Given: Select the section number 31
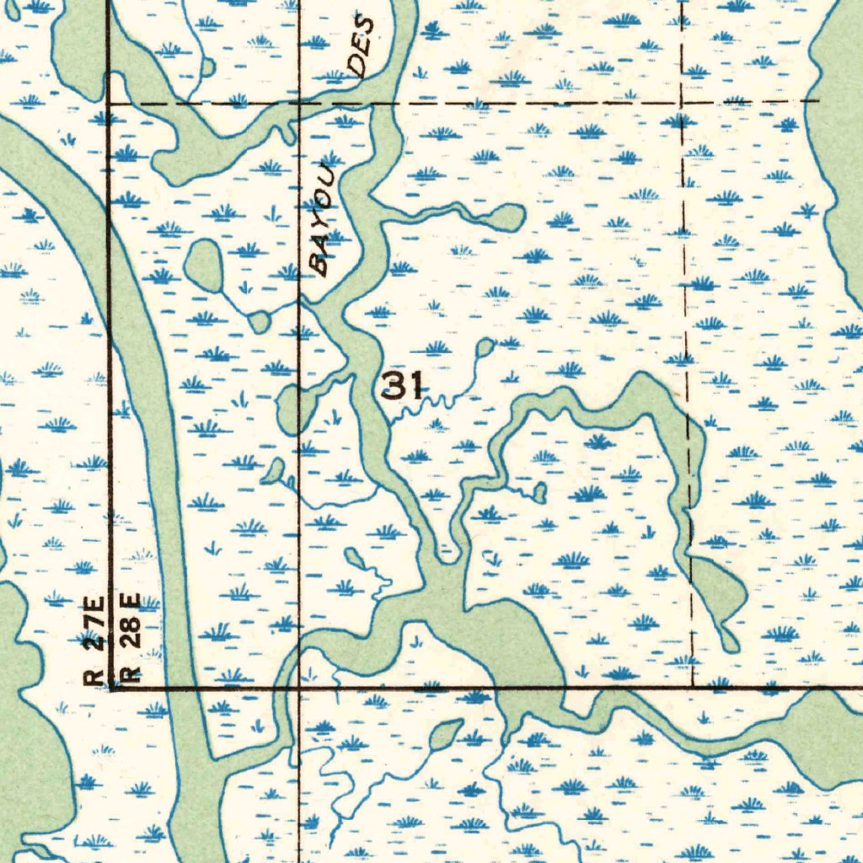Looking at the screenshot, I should [x=402, y=387].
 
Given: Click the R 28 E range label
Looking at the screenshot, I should [x=131, y=636].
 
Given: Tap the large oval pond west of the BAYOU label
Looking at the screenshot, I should [x=204, y=265].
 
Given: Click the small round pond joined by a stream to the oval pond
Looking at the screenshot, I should [x=260, y=321].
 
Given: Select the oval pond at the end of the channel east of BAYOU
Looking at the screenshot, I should [x=506, y=217].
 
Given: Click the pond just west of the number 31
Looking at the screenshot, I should [x=291, y=408].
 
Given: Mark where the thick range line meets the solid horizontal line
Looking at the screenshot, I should [x=110, y=689].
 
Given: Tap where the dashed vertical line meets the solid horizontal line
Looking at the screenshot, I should [x=692, y=689].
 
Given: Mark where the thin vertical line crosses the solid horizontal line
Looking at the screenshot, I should [x=300, y=689].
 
